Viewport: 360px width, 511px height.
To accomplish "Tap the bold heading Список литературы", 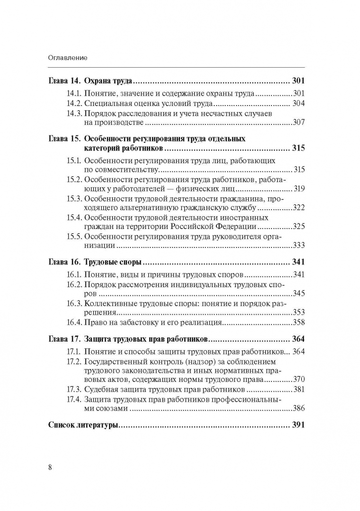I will tap(83, 425).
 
